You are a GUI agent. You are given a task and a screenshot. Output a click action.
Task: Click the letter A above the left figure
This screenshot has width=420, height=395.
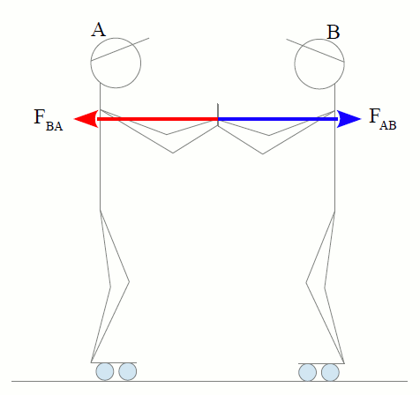click(98, 30)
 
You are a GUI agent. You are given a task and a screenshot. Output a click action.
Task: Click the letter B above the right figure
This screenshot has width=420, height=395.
click(334, 32)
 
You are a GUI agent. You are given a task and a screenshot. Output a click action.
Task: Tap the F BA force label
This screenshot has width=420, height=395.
click(49, 120)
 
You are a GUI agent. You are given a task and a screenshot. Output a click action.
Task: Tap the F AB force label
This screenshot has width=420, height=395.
click(383, 119)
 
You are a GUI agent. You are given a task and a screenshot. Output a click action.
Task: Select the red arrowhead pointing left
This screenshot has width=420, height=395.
click(86, 119)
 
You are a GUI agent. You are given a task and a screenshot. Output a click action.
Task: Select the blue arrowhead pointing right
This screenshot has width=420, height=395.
click(349, 119)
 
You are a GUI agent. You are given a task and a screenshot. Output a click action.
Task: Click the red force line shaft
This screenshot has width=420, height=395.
click(157, 119)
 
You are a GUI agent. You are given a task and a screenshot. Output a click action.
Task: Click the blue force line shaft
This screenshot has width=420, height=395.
click(278, 119)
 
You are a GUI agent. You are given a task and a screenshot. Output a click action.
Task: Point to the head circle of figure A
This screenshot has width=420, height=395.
click(116, 38)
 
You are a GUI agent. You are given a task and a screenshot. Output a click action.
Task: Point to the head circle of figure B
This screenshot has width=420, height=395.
click(319, 39)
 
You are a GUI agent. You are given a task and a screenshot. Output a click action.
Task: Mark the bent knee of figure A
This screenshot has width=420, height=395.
click(129, 281)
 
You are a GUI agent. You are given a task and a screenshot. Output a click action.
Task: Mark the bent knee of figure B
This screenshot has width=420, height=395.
click(306, 283)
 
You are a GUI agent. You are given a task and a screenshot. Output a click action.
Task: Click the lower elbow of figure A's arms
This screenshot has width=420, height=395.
click(173, 153)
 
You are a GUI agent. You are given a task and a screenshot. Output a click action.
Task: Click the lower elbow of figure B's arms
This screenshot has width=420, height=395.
click(263, 153)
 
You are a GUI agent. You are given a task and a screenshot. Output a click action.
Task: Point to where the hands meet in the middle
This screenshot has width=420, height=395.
click(218, 119)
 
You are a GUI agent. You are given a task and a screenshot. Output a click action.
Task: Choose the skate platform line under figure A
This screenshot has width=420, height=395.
click(114, 362)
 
